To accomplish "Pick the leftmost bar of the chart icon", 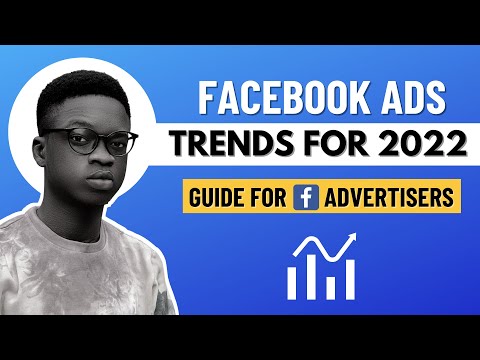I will tap(293, 280).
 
